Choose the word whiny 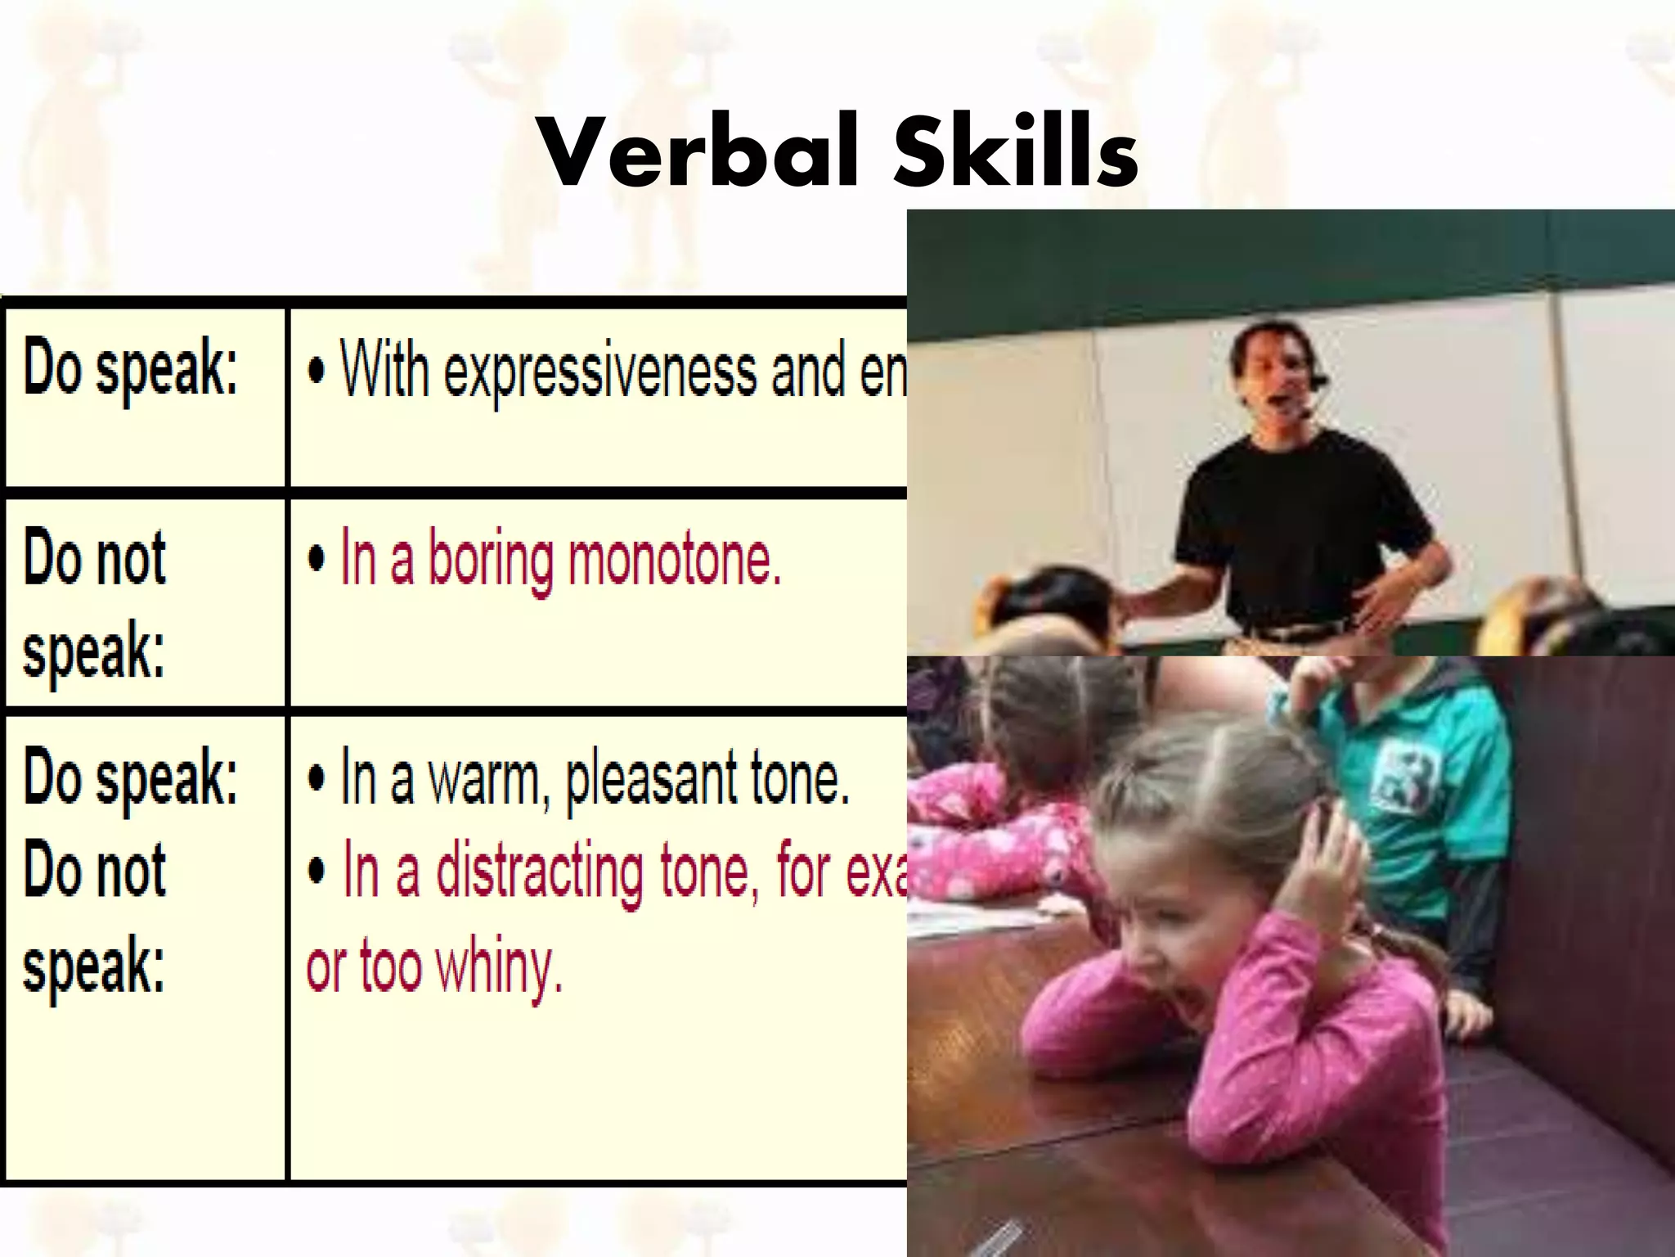pos(499,967)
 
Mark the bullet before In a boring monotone pos(317,561)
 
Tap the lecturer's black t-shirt pos(1300,524)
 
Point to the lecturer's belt pos(1292,631)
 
